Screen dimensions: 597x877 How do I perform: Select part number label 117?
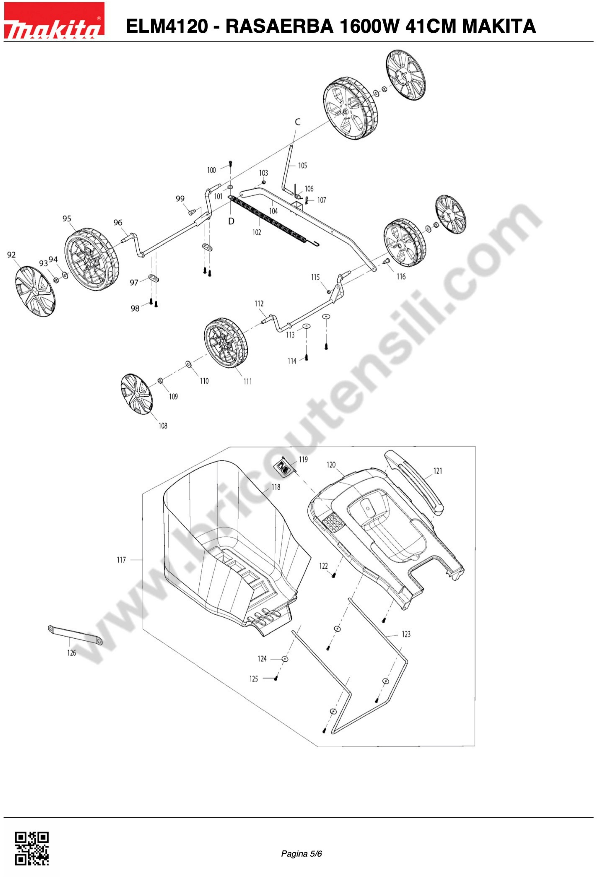click(x=121, y=560)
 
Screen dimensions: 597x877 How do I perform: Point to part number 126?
click(x=72, y=653)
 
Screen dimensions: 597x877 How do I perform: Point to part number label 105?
click(x=303, y=165)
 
